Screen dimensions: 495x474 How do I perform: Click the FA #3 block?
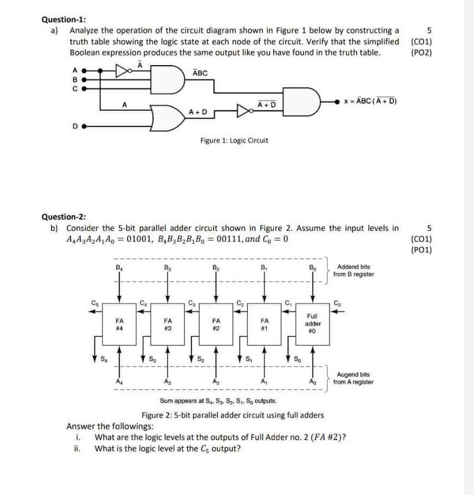(168, 325)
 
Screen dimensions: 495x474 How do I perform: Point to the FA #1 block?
(264, 325)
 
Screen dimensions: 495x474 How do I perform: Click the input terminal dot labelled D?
(83, 127)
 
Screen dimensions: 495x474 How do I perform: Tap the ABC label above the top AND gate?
(200, 73)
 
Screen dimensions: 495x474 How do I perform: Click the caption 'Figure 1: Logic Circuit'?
(234, 140)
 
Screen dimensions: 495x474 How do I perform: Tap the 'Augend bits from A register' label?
(353, 378)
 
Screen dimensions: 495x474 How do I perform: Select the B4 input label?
(118, 265)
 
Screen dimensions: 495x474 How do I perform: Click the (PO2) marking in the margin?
(421, 53)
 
